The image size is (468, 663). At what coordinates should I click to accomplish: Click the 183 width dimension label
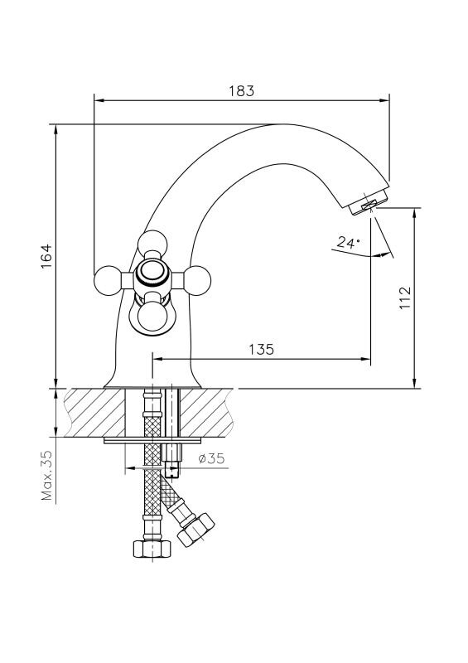coord(242,91)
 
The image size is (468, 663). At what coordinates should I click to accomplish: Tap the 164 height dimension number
coord(46,256)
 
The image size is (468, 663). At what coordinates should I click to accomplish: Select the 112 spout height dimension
coord(405,298)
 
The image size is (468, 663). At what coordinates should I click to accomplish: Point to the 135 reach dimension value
coord(261,349)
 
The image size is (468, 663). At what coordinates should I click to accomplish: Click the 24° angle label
coord(349,242)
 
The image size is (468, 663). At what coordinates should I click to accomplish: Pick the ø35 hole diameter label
coord(211,458)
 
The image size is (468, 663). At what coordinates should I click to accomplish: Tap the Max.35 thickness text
coord(47,475)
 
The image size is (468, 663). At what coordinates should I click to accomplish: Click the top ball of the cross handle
coord(152,244)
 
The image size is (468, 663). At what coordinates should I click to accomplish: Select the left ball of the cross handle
coord(108,280)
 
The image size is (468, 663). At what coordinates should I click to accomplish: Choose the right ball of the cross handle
coord(196,280)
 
